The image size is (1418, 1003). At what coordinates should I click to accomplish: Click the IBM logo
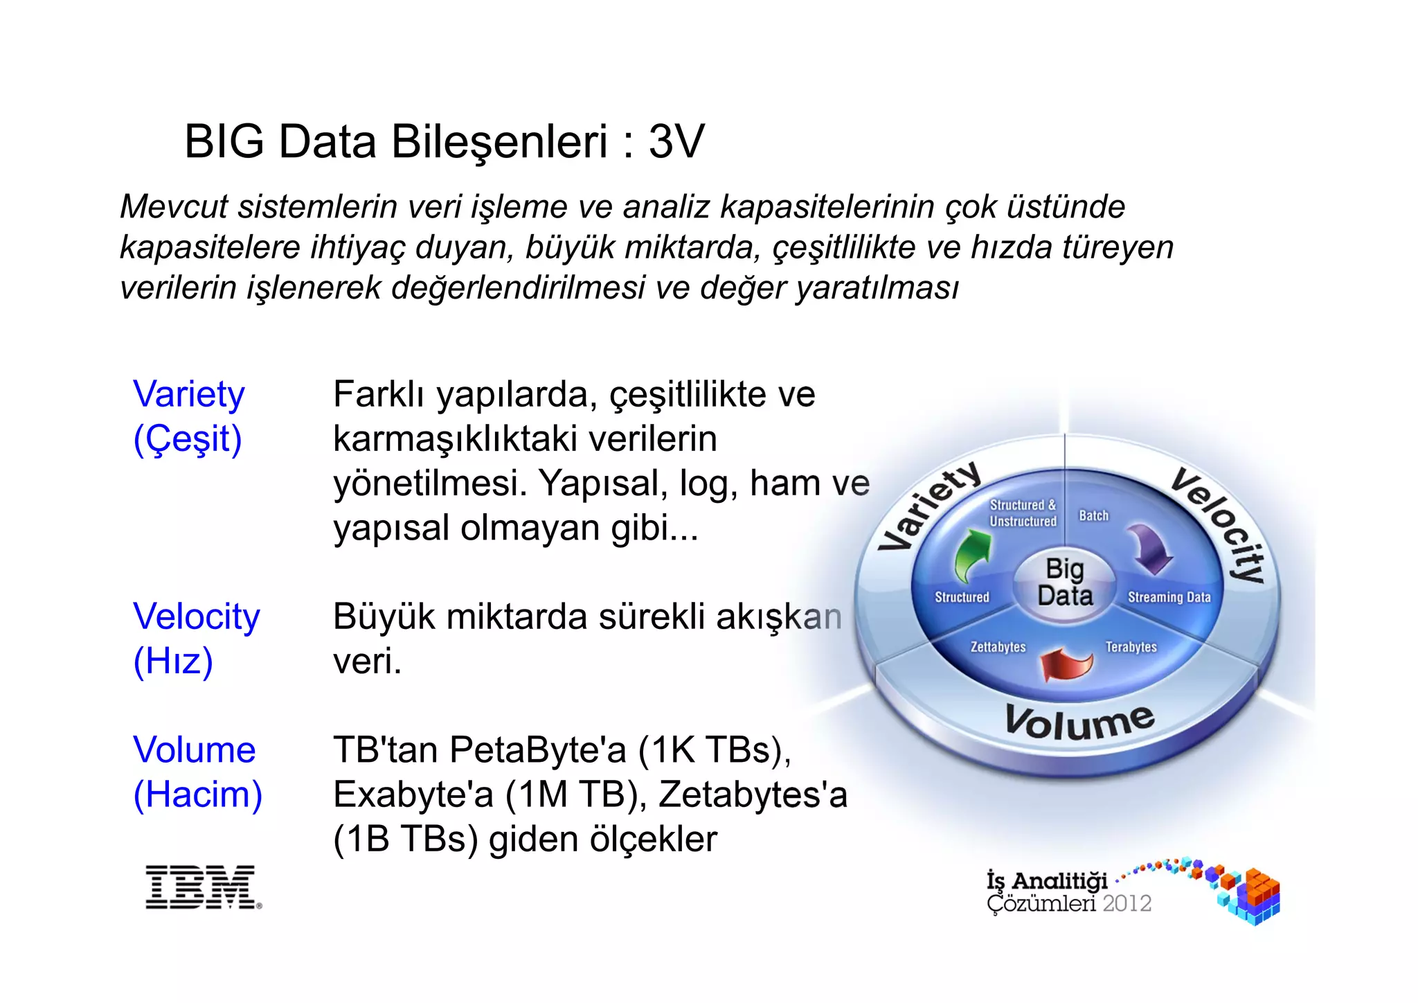[x=203, y=887]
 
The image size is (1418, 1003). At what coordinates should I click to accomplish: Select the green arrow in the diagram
[x=972, y=555]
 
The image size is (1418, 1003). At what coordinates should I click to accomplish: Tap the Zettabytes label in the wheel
[x=998, y=647]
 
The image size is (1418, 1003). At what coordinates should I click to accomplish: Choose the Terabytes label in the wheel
[x=1131, y=647]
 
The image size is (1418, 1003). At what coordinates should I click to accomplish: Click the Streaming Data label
[x=1169, y=597]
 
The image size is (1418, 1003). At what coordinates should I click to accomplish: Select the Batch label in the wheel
[x=1093, y=516]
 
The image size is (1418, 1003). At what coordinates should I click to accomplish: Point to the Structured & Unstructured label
[x=1023, y=513]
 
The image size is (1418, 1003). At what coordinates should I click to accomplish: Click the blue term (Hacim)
[x=198, y=795]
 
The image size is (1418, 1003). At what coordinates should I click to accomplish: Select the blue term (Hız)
[x=173, y=661]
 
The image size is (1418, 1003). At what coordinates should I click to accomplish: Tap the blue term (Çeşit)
[x=188, y=439]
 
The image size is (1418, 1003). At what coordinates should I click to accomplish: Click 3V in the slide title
[x=676, y=142]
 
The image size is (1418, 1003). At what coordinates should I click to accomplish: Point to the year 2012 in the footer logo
[x=1127, y=904]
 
